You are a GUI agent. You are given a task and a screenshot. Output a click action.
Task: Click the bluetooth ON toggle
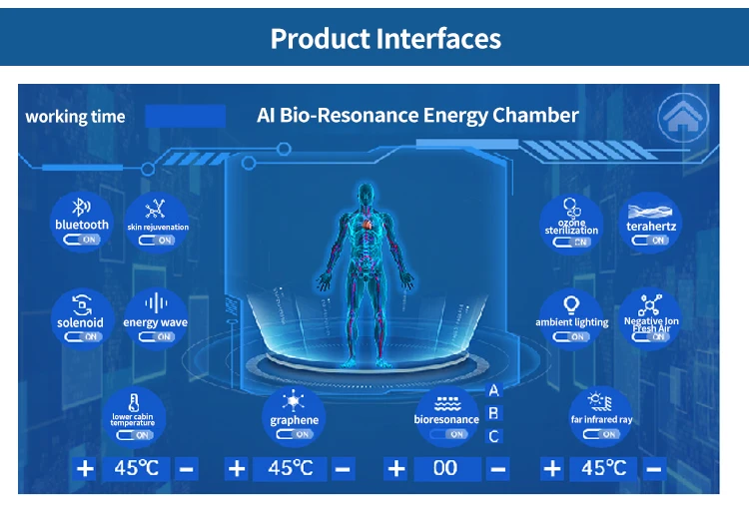coord(82,240)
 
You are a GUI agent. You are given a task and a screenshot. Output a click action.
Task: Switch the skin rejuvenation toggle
coord(157,241)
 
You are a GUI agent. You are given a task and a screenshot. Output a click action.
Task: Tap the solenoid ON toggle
coord(80,337)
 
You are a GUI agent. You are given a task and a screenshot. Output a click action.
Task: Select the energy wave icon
coord(156,303)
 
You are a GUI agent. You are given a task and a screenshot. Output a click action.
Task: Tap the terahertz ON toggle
coord(651,240)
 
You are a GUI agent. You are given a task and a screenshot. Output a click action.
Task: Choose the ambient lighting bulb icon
coord(571,304)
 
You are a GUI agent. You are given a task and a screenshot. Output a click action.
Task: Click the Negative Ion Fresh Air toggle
coord(651,337)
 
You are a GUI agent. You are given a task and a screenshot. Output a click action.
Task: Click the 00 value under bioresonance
coord(445,468)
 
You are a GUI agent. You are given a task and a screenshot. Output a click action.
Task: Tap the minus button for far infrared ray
coord(654,468)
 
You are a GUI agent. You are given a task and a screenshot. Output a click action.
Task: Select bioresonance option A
coord(493,390)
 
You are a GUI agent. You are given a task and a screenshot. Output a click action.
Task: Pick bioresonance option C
coord(493,436)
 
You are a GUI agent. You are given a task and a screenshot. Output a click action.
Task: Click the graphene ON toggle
coord(294,434)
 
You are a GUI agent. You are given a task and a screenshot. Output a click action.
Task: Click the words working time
coord(75,117)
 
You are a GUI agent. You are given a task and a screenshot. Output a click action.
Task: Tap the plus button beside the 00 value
coord(396,468)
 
